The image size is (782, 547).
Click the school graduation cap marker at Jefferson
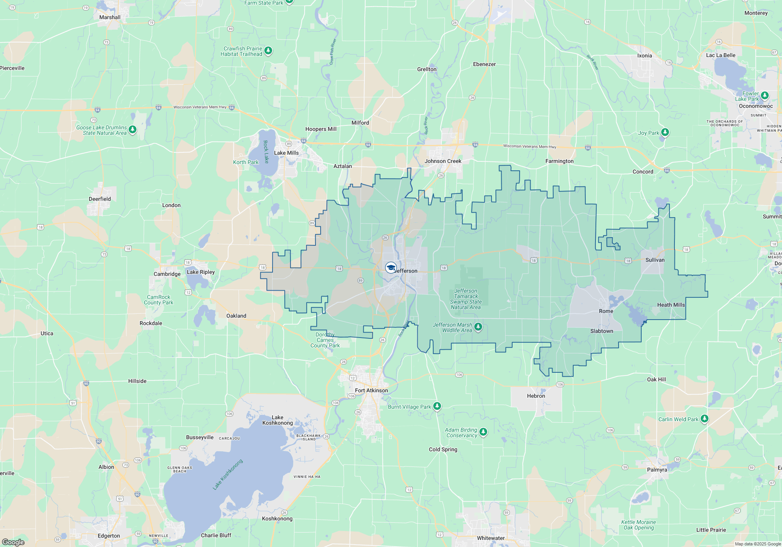tap(391, 268)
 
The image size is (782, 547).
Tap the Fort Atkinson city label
tap(371, 390)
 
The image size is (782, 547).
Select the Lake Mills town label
tap(286, 153)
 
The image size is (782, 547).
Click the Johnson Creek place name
tap(443, 161)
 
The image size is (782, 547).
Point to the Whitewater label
tap(491, 538)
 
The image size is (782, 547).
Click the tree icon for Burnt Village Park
tap(437, 406)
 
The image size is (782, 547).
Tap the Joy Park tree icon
tap(665, 132)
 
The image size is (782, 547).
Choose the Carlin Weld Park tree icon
tap(704, 419)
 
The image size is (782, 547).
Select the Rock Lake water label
tap(266, 152)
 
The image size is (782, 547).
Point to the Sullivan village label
tap(655, 260)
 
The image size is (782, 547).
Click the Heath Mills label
tap(671, 305)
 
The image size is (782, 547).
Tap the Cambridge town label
tap(167, 274)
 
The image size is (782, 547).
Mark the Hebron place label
tap(536, 396)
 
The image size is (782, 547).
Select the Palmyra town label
tap(657, 470)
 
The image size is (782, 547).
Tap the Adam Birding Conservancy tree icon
tap(483, 432)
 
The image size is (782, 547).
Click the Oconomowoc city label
tap(756, 106)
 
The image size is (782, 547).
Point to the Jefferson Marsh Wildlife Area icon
tap(478, 327)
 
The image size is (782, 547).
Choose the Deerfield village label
tap(100, 199)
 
